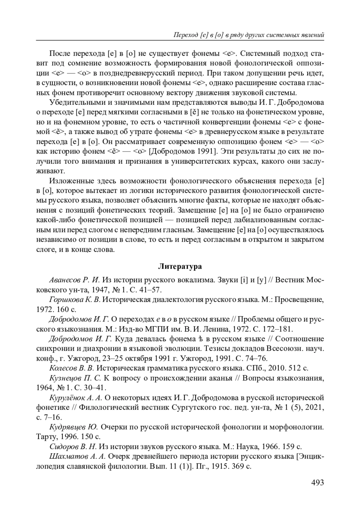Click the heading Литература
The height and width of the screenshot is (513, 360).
(180, 266)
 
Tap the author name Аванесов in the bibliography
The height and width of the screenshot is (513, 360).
(65, 280)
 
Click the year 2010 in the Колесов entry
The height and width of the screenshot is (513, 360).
(280, 368)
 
